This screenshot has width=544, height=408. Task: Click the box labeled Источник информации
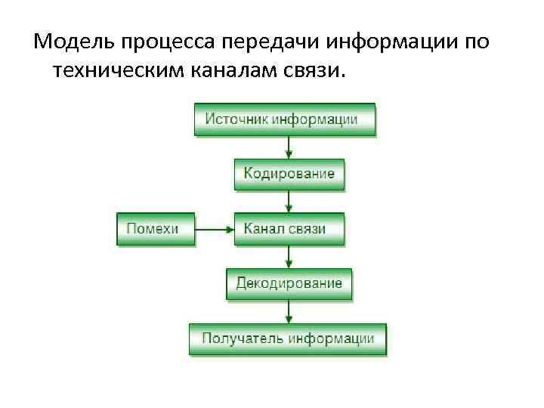[284, 119]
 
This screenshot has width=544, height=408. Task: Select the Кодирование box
[289, 174]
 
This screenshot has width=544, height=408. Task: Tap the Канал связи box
[289, 228]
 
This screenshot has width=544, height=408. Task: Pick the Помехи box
[155, 228]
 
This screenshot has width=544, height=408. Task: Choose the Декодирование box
[289, 283]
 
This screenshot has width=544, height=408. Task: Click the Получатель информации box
[287, 338]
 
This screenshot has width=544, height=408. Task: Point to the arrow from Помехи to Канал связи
[214, 228]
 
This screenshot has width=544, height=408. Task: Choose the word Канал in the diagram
[264, 228]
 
